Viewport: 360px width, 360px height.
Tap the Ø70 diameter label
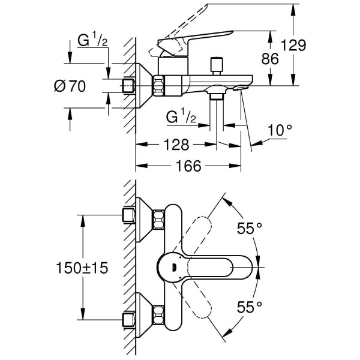(x=70, y=86)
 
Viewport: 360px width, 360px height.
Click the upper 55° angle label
(x=250, y=228)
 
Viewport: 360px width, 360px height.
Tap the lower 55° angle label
(x=250, y=307)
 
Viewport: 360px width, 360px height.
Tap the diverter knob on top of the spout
(x=214, y=64)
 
